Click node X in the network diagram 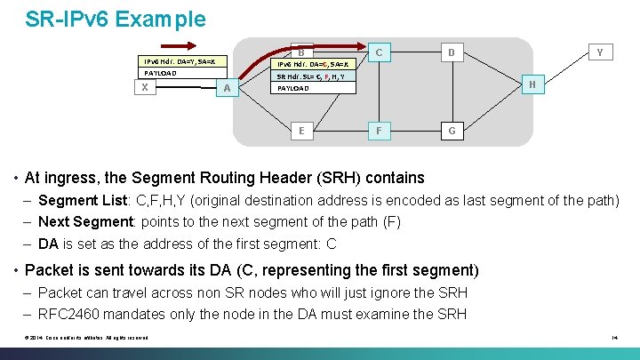point(144,87)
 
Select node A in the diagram point(228,87)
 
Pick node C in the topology point(379,52)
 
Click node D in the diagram point(452,52)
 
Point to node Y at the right point(600,52)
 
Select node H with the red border point(532,84)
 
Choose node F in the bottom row point(379,131)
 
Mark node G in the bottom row point(452,131)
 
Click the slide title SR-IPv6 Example point(116,19)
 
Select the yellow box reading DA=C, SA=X point(315,64)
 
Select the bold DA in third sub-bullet point(49,244)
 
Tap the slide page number point(614,337)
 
